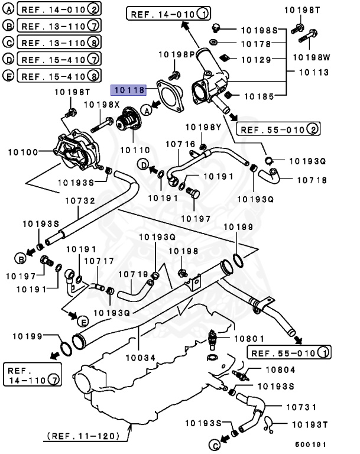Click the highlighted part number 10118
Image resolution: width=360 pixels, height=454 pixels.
tap(129, 90)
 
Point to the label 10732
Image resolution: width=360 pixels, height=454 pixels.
tap(80, 201)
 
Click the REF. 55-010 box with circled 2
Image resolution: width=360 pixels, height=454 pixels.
tap(279, 128)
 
